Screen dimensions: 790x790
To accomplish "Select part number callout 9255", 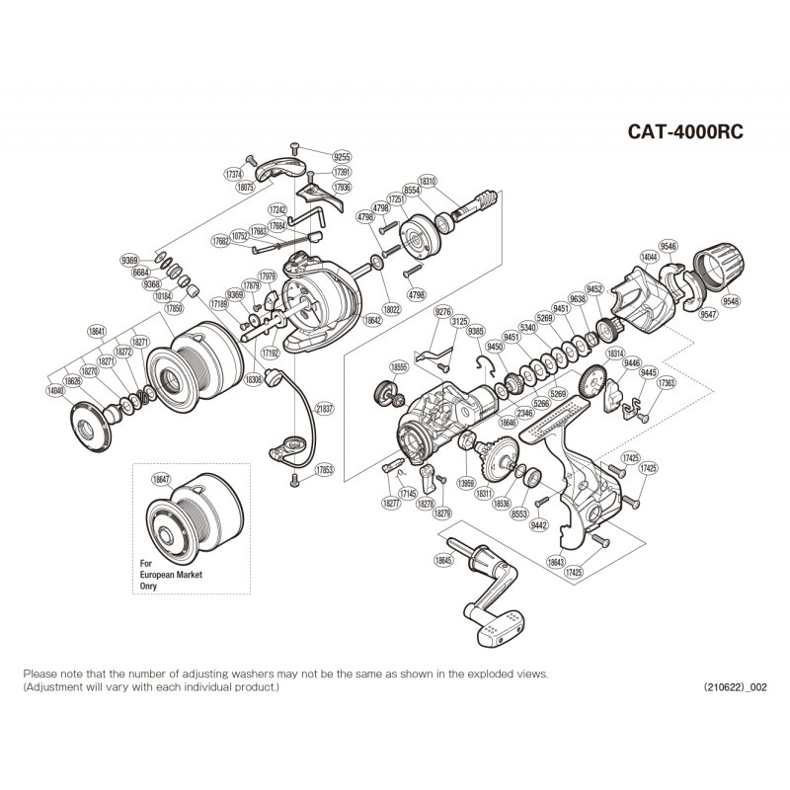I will [x=342, y=157].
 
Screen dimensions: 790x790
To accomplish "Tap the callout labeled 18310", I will [x=428, y=182].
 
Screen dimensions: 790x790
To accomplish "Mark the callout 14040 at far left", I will [x=56, y=391].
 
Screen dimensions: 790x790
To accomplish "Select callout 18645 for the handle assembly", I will [x=442, y=561].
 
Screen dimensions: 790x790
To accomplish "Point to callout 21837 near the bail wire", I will [x=324, y=408].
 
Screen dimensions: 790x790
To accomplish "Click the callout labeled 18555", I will [x=399, y=366].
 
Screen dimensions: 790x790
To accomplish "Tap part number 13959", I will [x=467, y=483].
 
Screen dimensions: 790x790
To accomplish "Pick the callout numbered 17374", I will [x=234, y=173].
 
